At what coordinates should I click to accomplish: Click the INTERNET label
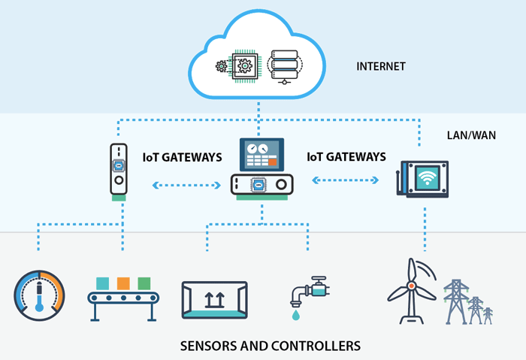tap(381, 67)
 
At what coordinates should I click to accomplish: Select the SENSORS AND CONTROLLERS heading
tap(271, 346)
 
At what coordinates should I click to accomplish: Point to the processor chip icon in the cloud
tap(244, 66)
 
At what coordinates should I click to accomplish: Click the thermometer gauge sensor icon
tap(40, 295)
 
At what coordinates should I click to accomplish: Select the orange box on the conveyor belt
tap(123, 283)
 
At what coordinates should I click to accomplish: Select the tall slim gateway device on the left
tap(118, 170)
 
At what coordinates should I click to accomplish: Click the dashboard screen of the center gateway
tap(261, 154)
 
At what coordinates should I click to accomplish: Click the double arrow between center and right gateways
tap(346, 180)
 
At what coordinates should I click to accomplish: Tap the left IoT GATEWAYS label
tap(182, 158)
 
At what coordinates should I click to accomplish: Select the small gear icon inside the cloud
tap(221, 66)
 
